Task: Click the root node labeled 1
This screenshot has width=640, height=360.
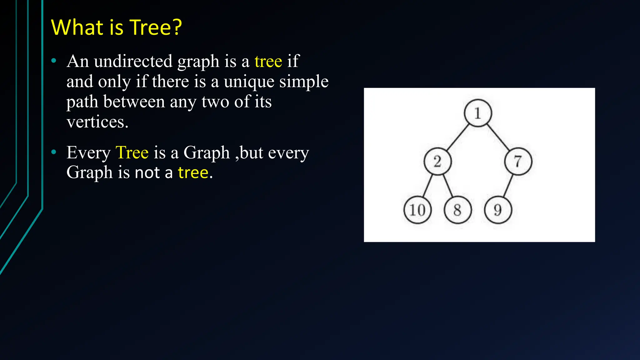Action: click(x=477, y=113)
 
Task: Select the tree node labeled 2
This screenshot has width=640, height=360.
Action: click(x=437, y=161)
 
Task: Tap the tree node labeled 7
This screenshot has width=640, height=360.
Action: click(x=518, y=161)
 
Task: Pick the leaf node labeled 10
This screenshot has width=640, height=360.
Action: click(x=417, y=210)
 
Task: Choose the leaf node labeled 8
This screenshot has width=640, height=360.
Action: click(x=457, y=210)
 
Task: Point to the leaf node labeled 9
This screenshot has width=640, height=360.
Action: click(x=498, y=210)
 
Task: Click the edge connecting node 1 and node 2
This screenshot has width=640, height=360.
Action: click(x=457, y=137)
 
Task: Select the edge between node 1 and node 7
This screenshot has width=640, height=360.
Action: click(x=498, y=137)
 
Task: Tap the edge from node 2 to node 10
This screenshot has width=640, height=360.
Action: click(x=427, y=186)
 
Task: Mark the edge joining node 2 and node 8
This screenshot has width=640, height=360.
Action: click(x=447, y=186)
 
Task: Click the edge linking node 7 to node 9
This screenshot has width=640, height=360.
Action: click(x=508, y=186)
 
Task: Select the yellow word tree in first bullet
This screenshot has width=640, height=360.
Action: click(x=268, y=61)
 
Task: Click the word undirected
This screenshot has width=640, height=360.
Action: click(x=133, y=61)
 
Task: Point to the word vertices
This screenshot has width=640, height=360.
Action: click(x=97, y=122)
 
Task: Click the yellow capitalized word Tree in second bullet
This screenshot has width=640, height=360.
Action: click(x=132, y=153)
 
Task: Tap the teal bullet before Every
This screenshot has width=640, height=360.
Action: click(x=54, y=152)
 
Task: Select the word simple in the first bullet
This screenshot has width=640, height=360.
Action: click(x=304, y=82)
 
